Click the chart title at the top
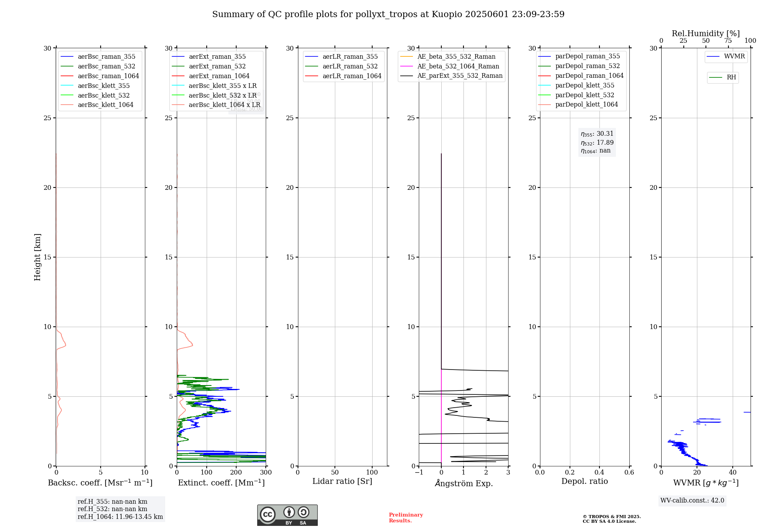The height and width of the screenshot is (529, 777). pos(388,14)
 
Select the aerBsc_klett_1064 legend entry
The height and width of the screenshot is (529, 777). pos(105,105)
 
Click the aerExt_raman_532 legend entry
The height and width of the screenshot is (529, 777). pos(217,66)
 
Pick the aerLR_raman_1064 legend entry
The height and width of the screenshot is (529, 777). pos(352,76)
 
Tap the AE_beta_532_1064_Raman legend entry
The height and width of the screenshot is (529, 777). pos(458,66)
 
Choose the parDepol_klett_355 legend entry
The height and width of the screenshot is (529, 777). pos(585,85)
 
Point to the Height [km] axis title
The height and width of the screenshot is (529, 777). pos(37,257)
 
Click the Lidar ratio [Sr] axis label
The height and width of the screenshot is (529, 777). pos(342,481)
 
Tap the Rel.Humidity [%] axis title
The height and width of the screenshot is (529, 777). pos(706,33)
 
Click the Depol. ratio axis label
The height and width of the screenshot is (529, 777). pos(584,481)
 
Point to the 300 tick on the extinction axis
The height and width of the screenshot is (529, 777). pos(266,473)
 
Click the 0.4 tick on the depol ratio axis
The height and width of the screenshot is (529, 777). pos(599,473)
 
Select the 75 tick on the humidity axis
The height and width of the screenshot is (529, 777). pos(728,41)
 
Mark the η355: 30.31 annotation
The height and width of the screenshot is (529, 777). pos(597,134)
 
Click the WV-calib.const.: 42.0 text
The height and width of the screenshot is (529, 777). pos(692,500)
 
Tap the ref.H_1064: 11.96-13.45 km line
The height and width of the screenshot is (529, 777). pos(120,517)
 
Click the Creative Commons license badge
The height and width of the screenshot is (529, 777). pos(287,515)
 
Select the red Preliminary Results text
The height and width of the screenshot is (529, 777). pos(406,518)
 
